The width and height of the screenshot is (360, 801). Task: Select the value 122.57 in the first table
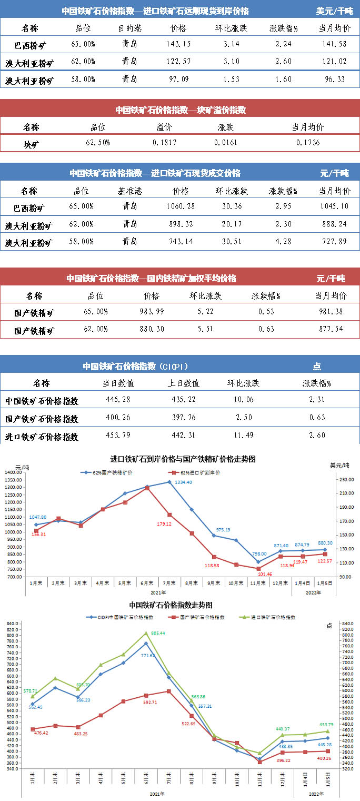click(x=178, y=62)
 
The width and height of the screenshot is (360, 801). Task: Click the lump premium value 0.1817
click(x=165, y=143)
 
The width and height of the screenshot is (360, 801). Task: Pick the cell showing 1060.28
click(x=179, y=206)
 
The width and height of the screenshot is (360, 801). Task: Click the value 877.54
click(x=331, y=329)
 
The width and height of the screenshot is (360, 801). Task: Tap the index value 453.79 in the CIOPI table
click(x=124, y=436)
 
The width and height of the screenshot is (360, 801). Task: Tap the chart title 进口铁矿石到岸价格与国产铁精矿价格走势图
click(x=183, y=459)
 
